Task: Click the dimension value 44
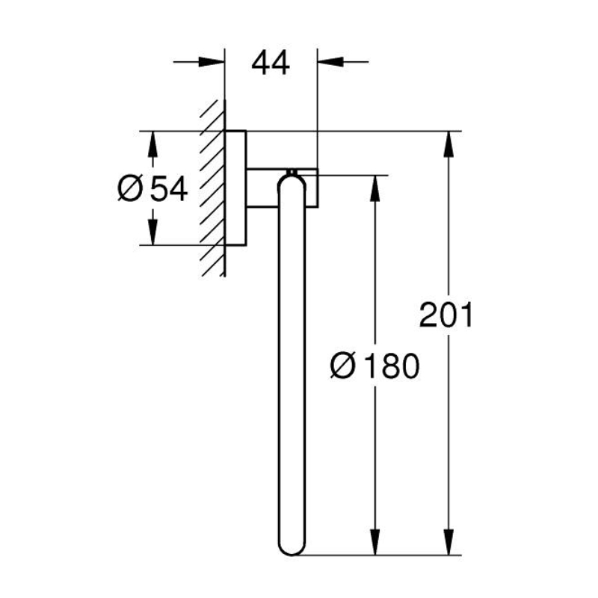[271, 63]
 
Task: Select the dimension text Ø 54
[152, 188]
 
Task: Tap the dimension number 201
[446, 315]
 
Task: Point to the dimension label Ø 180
[375, 366]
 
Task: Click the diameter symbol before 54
[130, 188]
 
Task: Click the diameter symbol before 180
[343, 366]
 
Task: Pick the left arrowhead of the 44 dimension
[212, 62]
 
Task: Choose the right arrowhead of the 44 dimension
[330, 62]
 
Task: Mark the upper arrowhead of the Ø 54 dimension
[152, 144]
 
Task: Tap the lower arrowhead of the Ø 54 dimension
[152, 232]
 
